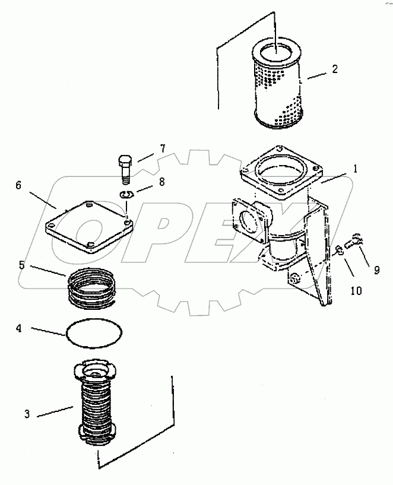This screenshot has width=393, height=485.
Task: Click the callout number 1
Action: pyautogui.click(x=356, y=169)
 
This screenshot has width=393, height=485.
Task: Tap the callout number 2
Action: pyautogui.click(x=334, y=69)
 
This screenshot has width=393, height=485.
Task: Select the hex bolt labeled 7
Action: pyautogui.click(x=125, y=167)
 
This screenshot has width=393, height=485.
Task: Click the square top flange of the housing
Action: pyautogui.click(x=279, y=172)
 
